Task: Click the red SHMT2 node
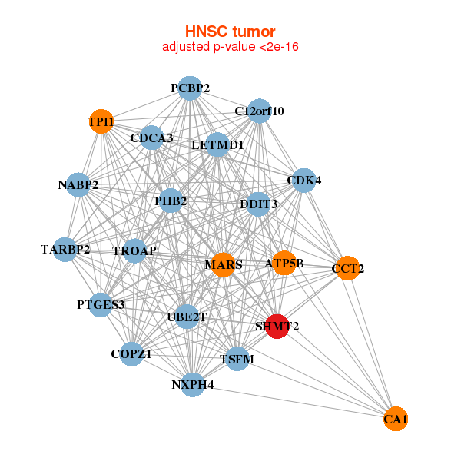277,326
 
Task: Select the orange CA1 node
395,419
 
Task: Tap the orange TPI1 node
101,121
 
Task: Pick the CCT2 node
347,268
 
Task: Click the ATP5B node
284,264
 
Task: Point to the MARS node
223,265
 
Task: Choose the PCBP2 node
190,88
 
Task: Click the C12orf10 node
259,111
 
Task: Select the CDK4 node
304,181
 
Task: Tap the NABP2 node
78,184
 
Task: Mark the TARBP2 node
65,249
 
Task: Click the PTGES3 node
101,304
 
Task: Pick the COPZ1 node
131,353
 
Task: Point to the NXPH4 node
193,384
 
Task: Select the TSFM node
237,359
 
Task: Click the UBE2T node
187,317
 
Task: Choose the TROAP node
134,250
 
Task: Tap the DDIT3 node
259,204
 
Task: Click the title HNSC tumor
230,32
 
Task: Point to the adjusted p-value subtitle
230,47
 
